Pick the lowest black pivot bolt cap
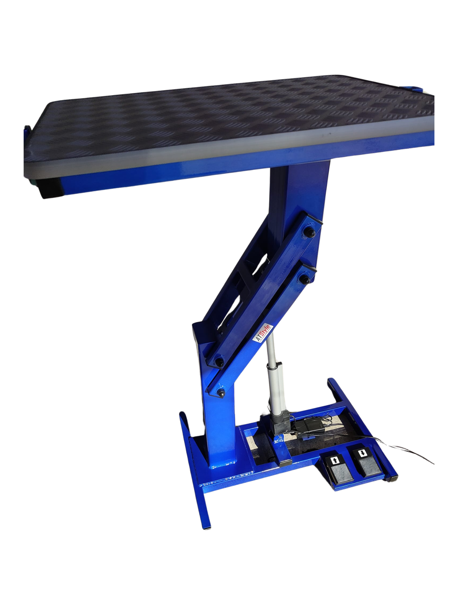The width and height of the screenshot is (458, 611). (221, 393)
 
